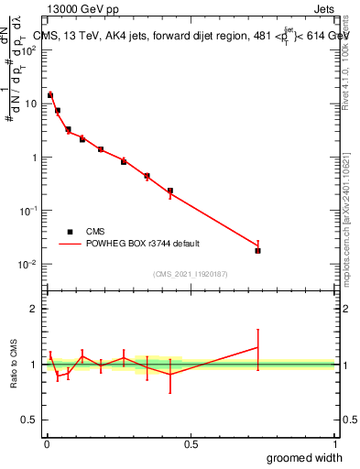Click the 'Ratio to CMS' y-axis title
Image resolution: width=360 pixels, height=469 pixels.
pyautogui.click(x=15, y=364)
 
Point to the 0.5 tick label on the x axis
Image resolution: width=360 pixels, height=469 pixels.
pyautogui.click(x=191, y=442)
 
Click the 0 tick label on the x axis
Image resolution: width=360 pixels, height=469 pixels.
pyautogui.click(x=46, y=442)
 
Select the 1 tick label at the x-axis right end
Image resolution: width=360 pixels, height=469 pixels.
pyautogui.click(x=334, y=442)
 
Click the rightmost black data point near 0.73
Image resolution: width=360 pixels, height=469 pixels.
pyautogui.click(x=257, y=250)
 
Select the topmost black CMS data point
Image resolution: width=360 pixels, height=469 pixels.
pyautogui.click(x=50, y=95)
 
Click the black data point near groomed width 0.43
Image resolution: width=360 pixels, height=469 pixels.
pyautogui.click(x=170, y=191)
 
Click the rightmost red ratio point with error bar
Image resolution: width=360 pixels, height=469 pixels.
pyautogui.click(x=257, y=347)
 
